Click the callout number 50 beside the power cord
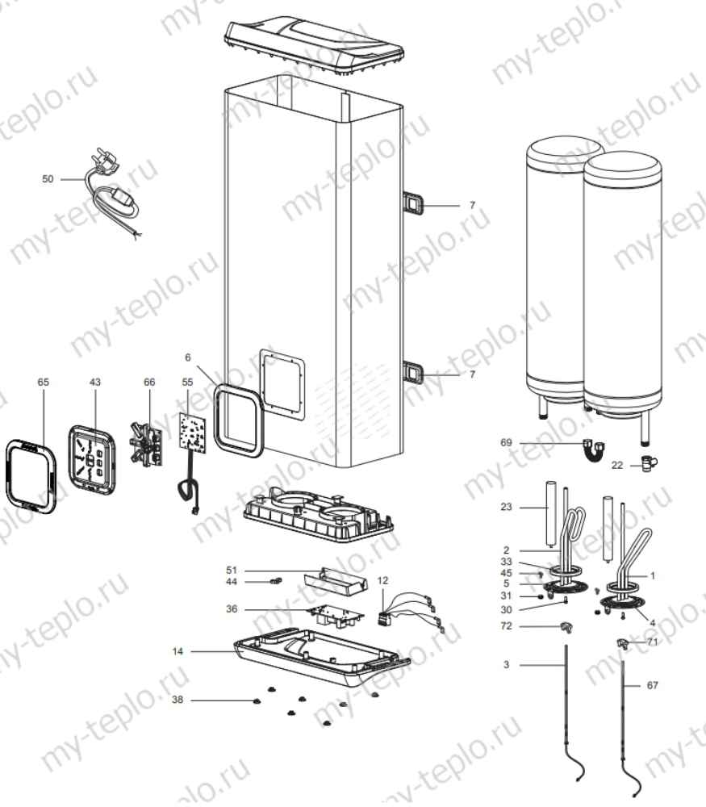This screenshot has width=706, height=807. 48,179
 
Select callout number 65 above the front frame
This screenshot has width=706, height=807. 43,381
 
